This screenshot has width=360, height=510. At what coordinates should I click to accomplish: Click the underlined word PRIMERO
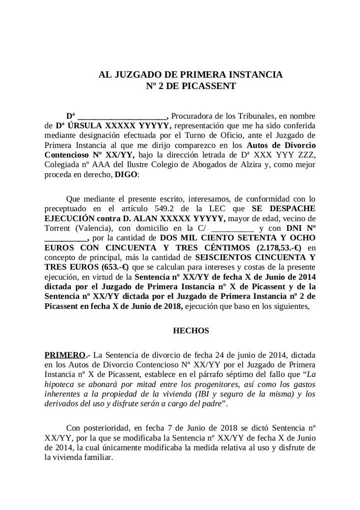tap(64, 354)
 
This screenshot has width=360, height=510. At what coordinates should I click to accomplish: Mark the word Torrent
tap(59, 228)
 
